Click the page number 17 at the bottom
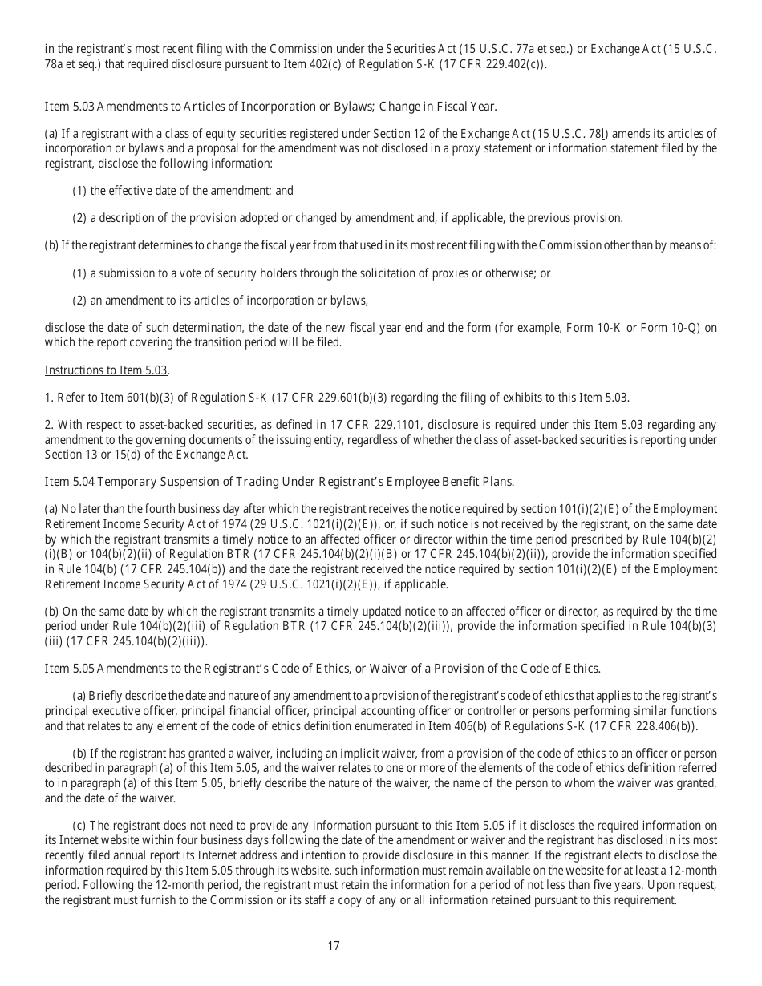point(334,946)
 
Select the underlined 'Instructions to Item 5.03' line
point(107,370)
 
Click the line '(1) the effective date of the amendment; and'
point(183,191)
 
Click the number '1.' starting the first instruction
point(48,398)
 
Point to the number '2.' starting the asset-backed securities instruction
point(48,425)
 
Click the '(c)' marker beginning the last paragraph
point(79,825)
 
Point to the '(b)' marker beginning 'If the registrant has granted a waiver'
point(79,754)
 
